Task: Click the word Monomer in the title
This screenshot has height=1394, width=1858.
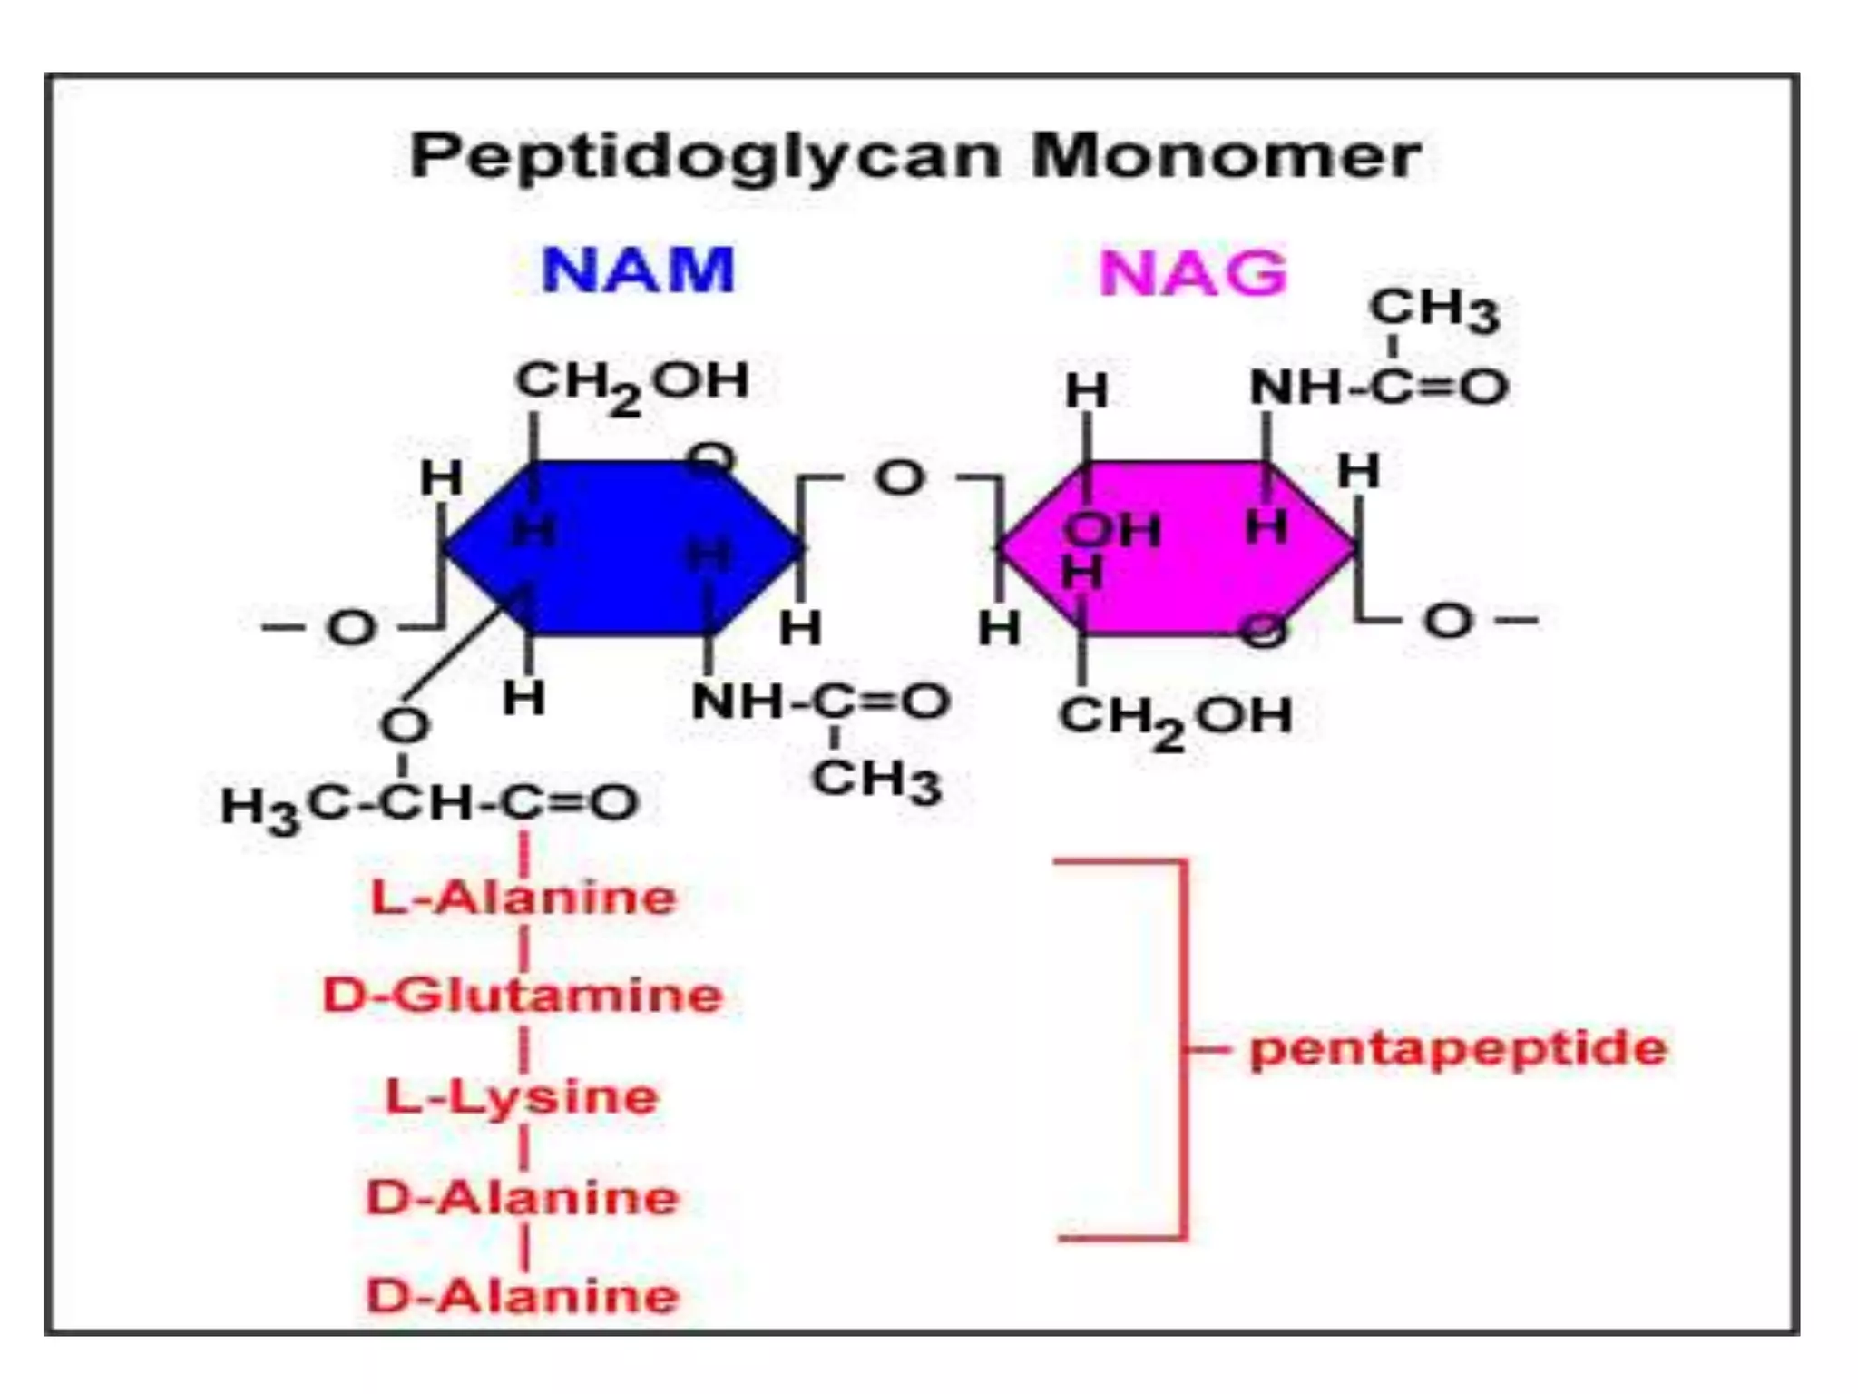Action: tap(1226, 156)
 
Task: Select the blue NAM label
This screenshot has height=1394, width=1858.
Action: tap(637, 270)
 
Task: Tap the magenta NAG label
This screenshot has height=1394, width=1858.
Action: tap(1192, 272)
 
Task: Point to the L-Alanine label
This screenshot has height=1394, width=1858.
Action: tap(523, 898)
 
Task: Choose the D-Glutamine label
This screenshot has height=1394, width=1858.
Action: tap(523, 996)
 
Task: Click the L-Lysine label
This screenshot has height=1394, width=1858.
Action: tap(522, 1097)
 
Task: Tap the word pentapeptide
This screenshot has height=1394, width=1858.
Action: tap(1458, 1049)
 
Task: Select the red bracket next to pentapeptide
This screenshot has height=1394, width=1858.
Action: tap(1183, 1049)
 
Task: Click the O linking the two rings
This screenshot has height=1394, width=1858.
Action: tap(899, 477)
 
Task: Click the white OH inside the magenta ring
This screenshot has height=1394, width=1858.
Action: tap(1112, 530)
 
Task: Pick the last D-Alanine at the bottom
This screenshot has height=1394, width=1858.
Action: tap(523, 1296)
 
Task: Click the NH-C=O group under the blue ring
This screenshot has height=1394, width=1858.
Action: tap(820, 702)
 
